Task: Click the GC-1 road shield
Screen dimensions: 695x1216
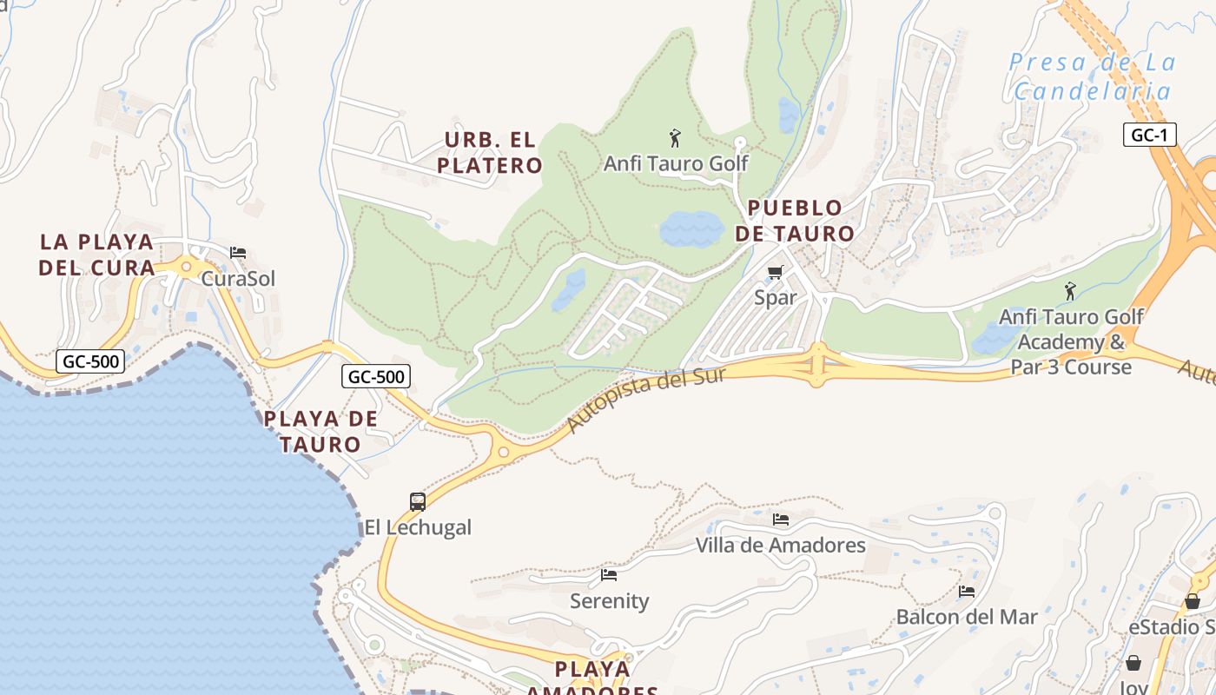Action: click(x=1149, y=135)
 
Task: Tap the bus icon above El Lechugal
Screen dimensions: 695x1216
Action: click(x=418, y=501)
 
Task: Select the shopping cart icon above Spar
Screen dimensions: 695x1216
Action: click(x=776, y=273)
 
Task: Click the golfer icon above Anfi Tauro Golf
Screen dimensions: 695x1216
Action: click(x=675, y=137)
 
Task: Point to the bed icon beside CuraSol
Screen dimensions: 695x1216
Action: click(x=238, y=253)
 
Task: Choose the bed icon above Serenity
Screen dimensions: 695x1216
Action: click(x=609, y=574)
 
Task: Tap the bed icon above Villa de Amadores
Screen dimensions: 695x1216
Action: click(x=781, y=520)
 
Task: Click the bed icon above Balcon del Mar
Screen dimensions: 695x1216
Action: click(x=967, y=592)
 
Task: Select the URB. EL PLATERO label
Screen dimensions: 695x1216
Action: click(x=490, y=152)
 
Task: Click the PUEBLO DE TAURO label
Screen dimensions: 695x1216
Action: click(x=795, y=221)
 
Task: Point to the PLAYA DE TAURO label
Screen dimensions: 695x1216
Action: click(x=321, y=431)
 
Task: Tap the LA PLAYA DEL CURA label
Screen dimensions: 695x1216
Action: click(x=96, y=254)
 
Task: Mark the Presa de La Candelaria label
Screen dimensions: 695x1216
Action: click(x=1093, y=76)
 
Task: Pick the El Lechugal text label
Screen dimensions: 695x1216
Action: click(x=418, y=527)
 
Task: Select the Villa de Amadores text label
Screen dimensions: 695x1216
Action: click(x=781, y=546)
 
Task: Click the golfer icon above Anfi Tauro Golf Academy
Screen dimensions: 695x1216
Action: click(x=1070, y=290)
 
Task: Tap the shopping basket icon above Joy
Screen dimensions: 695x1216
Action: click(x=1133, y=663)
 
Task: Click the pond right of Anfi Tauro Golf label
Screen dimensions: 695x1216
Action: click(x=788, y=115)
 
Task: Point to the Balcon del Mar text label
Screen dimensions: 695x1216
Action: click(x=967, y=617)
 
